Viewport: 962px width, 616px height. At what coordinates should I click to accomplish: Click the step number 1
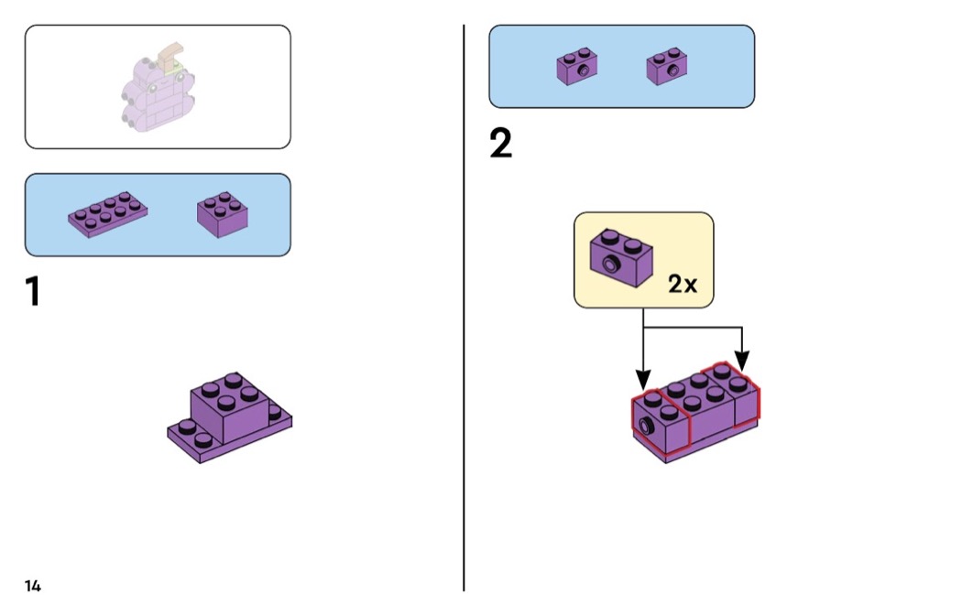pos(33,291)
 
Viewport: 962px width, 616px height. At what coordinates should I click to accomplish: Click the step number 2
pos(500,144)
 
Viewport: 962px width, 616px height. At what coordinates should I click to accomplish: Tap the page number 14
pos(33,586)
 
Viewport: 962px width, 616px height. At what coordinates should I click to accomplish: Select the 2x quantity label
pos(682,284)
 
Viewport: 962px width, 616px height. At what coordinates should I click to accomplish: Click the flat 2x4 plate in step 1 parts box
pos(107,214)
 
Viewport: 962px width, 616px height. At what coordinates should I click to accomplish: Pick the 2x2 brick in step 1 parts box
pos(224,214)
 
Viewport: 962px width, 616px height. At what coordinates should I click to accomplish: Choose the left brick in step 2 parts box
pos(577,68)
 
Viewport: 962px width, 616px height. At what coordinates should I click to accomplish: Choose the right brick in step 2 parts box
pos(667,67)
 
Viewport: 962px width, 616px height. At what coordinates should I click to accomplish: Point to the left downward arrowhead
pos(643,378)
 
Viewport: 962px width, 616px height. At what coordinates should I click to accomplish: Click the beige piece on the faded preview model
pos(169,59)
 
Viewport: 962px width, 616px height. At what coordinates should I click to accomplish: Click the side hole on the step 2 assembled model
pos(648,425)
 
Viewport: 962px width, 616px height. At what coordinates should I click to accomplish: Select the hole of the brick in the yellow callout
pos(609,266)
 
